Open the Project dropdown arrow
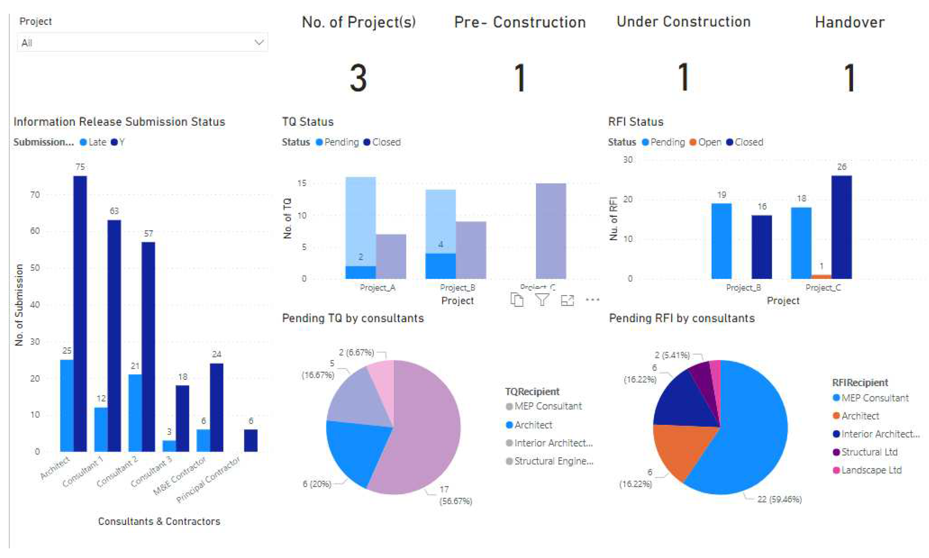tap(259, 42)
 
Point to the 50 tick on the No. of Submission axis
tap(35, 268)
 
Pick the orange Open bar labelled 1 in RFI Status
tap(821, 276)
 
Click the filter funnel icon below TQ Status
tap(542, 300)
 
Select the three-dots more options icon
tap(592, 300)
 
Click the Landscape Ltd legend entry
tap(871, 470)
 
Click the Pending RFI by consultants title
tap(681, 318)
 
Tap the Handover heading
tap(849, 22)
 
